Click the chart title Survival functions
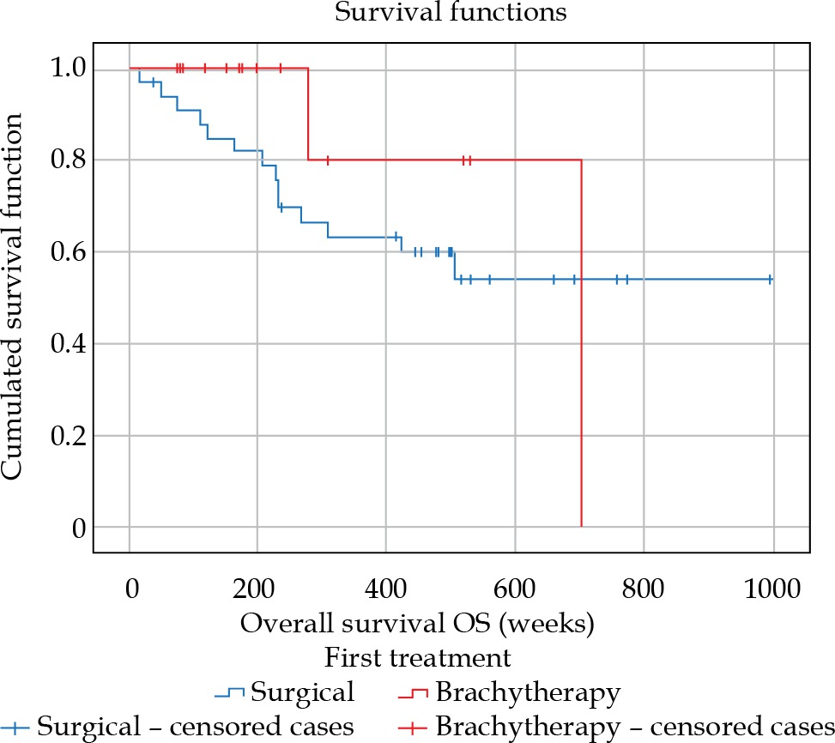pyautogui.click(x=418, y=14)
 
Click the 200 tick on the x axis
pyautogui.click(x=257, y=590)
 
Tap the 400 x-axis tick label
pyautogui.click(x=385, y=590)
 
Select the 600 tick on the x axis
pyautogui.click(x=515, y=590)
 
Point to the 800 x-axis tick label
pyautogui.click(x=644, y=590)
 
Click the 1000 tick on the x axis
pyautogui.click(x=772, y=590)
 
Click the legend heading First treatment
pyautogui.click(x=418, y=658)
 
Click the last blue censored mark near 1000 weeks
pyautogui.click(x=770, y=280)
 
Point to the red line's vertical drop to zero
pyautogui.click(x=582, y=343)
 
